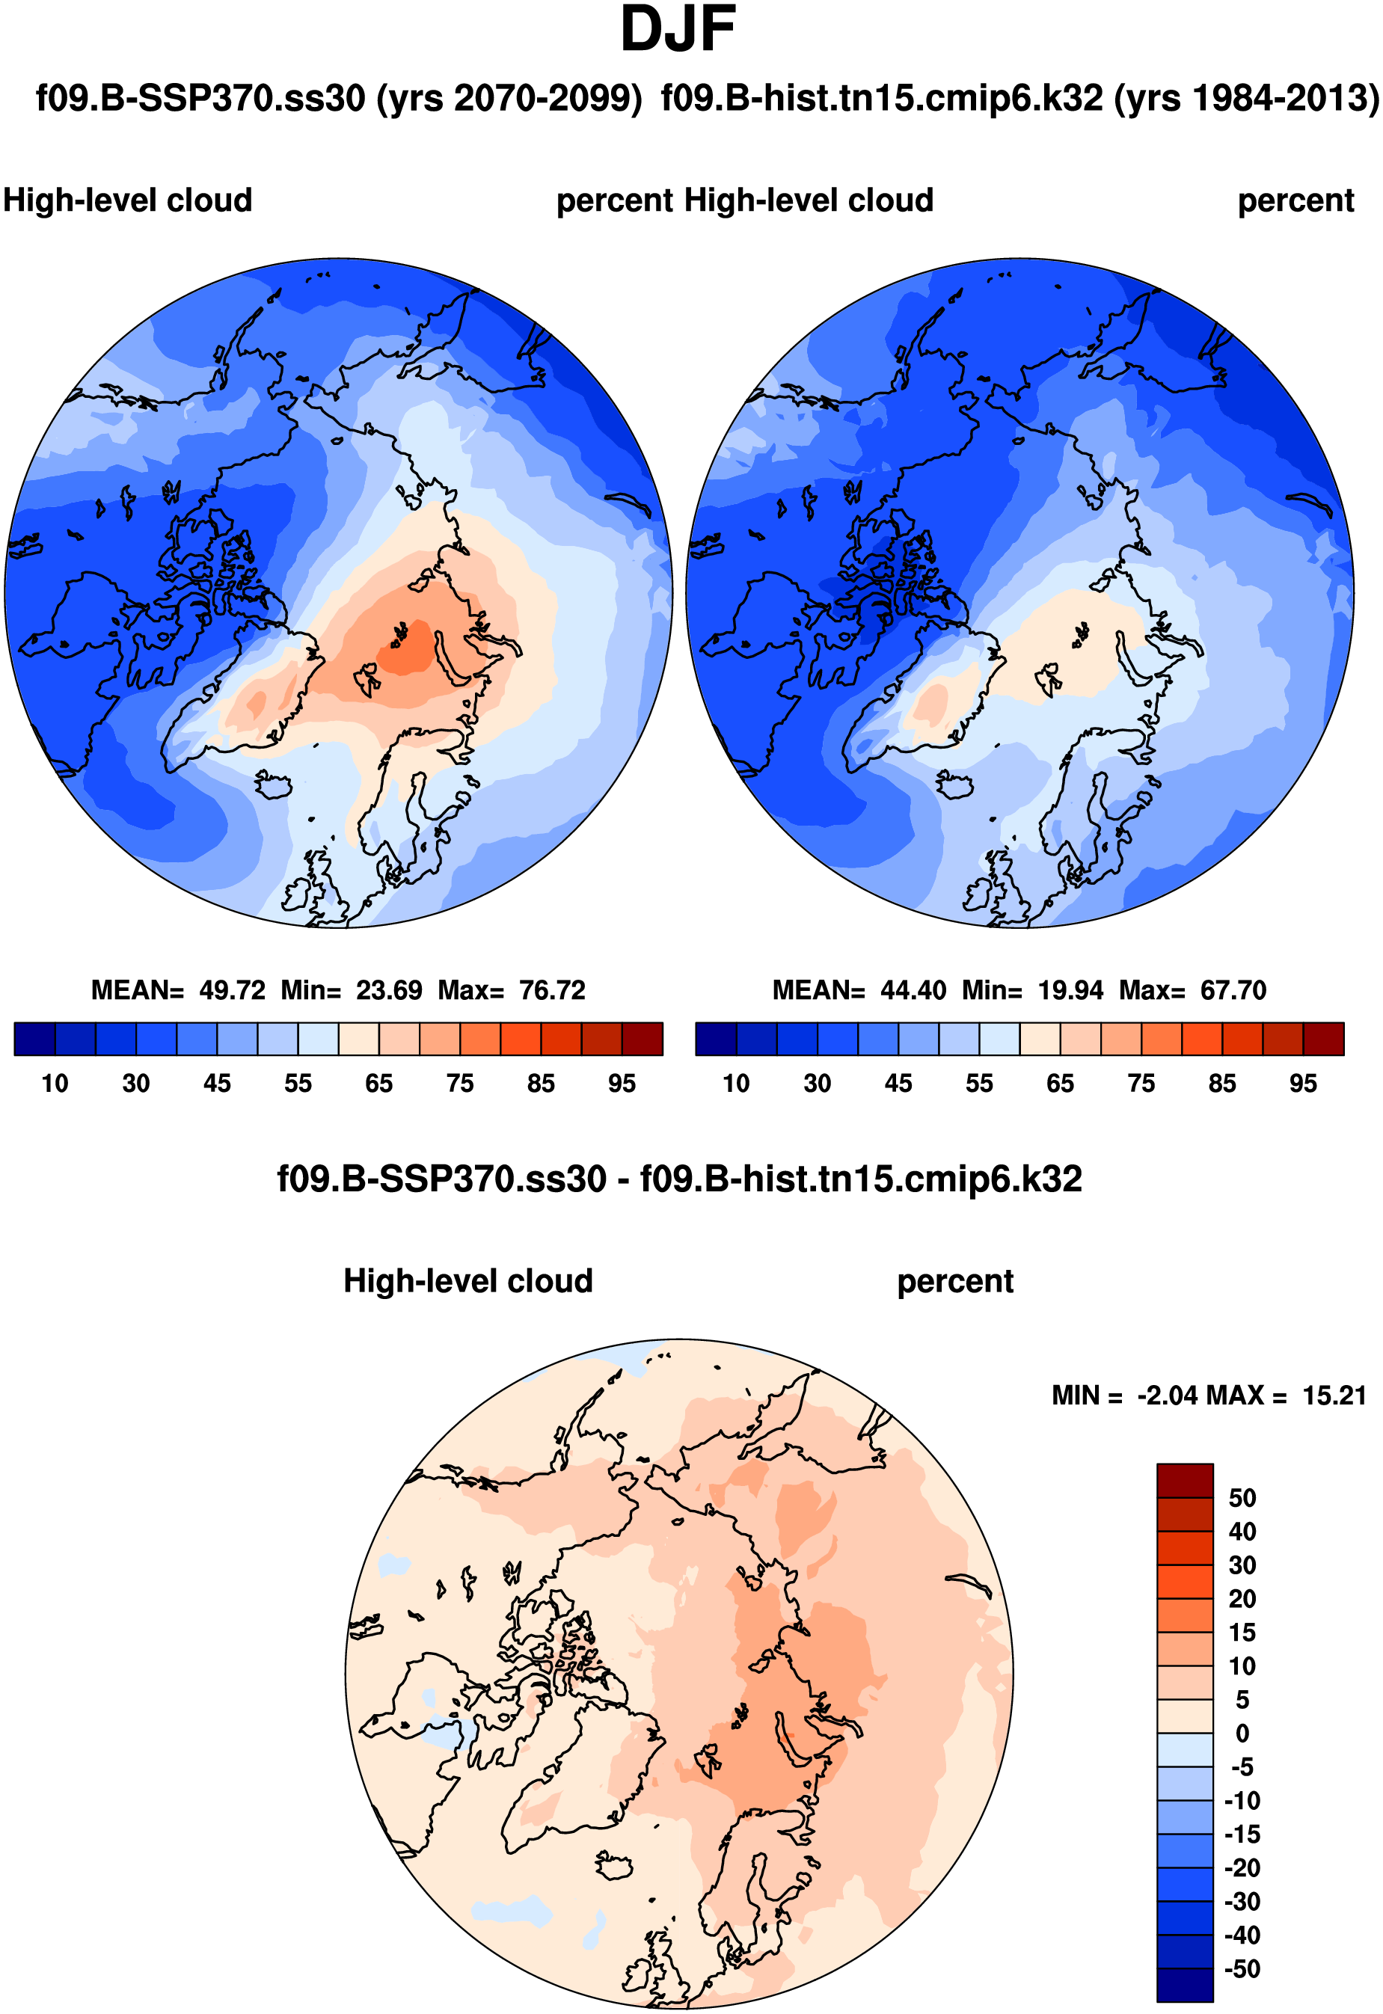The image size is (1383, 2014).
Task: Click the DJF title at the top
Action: point(678,31)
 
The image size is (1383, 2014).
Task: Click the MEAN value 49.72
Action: point(232,989)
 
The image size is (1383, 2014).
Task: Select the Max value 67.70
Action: point(1233,989)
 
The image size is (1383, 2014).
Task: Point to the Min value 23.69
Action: point(389,989)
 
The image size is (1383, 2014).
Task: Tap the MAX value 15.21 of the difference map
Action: point(1334,1396)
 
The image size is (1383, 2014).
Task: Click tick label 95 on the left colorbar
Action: point(622,1083)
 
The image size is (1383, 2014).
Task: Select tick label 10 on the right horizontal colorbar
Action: point(736,1083)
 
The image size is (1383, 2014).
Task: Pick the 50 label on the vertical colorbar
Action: point(1242,1499)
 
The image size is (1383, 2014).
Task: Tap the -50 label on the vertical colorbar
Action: point(1242,1969)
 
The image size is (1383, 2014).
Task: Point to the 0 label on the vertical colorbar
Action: point(1242,1734)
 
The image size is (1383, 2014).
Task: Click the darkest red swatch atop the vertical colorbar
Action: point(1185,1481)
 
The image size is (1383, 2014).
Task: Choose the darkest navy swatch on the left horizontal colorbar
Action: point(34,1038)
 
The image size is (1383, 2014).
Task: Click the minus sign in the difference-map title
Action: point(623,1180)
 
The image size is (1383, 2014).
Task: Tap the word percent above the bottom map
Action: point(955,1281)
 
